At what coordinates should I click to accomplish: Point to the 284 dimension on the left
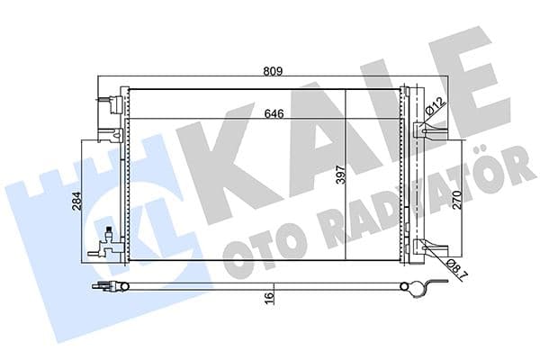79,200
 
